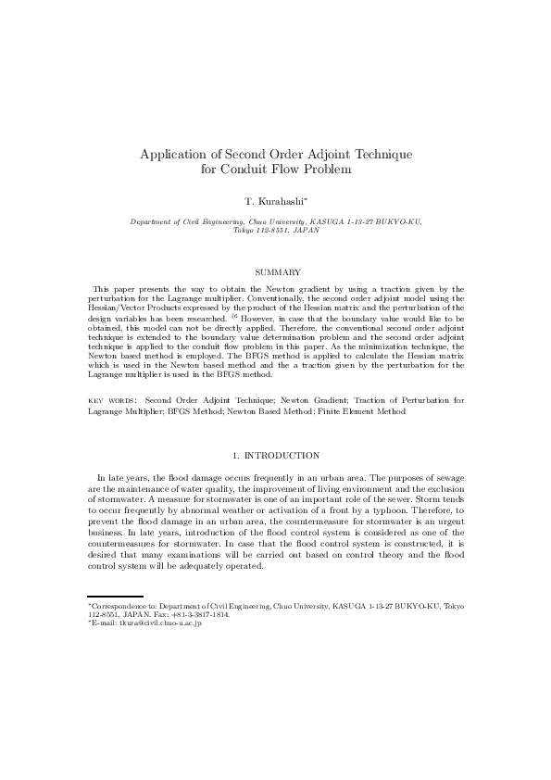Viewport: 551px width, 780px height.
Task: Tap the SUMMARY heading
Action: (275, 271)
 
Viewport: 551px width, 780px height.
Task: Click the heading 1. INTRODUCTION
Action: (275, 455)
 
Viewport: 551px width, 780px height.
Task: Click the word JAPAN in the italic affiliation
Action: (305, 230)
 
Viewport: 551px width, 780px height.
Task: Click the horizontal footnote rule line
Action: (115, 597)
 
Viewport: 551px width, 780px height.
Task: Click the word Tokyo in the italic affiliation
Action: (244, 230)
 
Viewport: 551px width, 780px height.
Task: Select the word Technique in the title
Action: (378, 154)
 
